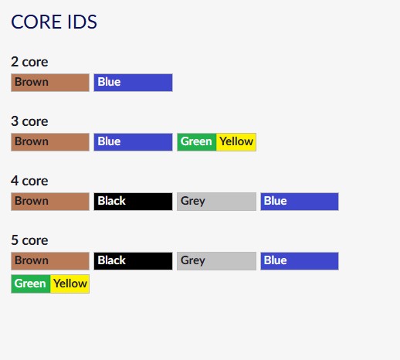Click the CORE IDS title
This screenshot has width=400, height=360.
pyautogui.click(x=54, y=22)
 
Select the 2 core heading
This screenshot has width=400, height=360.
pyautogui.click(x=29, y=62)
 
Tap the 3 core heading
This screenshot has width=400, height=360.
pyautogui.click(x=29, y=121)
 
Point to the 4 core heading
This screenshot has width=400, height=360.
pyautogui.click(x=29, y=181)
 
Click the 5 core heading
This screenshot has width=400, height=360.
pyautogui.click(x=29, y=240)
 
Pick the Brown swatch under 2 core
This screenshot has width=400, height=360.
pyautogui.click(x=50, y=83)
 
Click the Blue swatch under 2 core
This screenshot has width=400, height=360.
pyautogui.click(x=133, y=83)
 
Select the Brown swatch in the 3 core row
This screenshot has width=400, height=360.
pyautogui.click(x=50, y=142)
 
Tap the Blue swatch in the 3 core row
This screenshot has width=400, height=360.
pyautogui.click(x=133, y=142)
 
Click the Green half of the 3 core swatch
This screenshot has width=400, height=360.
pyautogui.click(x=197, y=142)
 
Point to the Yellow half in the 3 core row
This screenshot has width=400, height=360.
pyautogui.click(x=236, y=142)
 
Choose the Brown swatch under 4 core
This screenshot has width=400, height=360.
pyautogui.click(x=50, y=202)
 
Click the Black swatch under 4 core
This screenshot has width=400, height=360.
pyautogui.click(x=133, y=202)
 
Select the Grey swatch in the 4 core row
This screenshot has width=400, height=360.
pyautogui.click(x=216, y=202)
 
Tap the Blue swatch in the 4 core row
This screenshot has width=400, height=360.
pyautogui.click(x=300, y=202)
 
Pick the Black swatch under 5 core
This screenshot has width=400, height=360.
pyautogui.click(x=133, y=261)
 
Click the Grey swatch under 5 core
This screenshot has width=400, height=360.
pyautogui.click(x=216, y=261)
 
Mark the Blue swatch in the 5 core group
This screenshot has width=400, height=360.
pyautogui.click(x=300, y=261)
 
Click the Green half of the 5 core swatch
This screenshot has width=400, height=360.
pyautogui.click(x=31, y=284)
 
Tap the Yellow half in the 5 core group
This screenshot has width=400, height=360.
pyautogui.click(x=69, y=284)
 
